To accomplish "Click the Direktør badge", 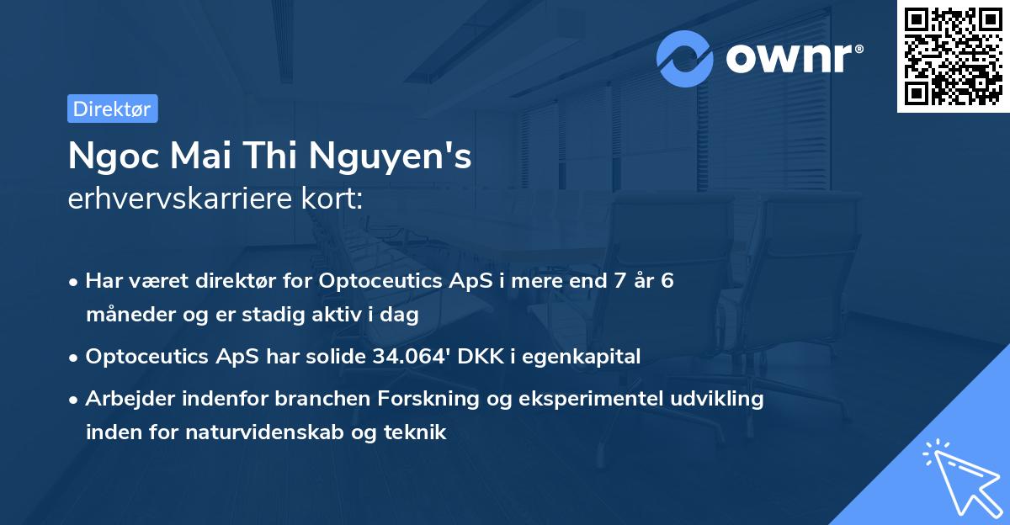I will (x=112, y=109).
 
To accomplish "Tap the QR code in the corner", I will (x=953, y=56).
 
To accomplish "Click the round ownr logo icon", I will (x=685, y=59).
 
